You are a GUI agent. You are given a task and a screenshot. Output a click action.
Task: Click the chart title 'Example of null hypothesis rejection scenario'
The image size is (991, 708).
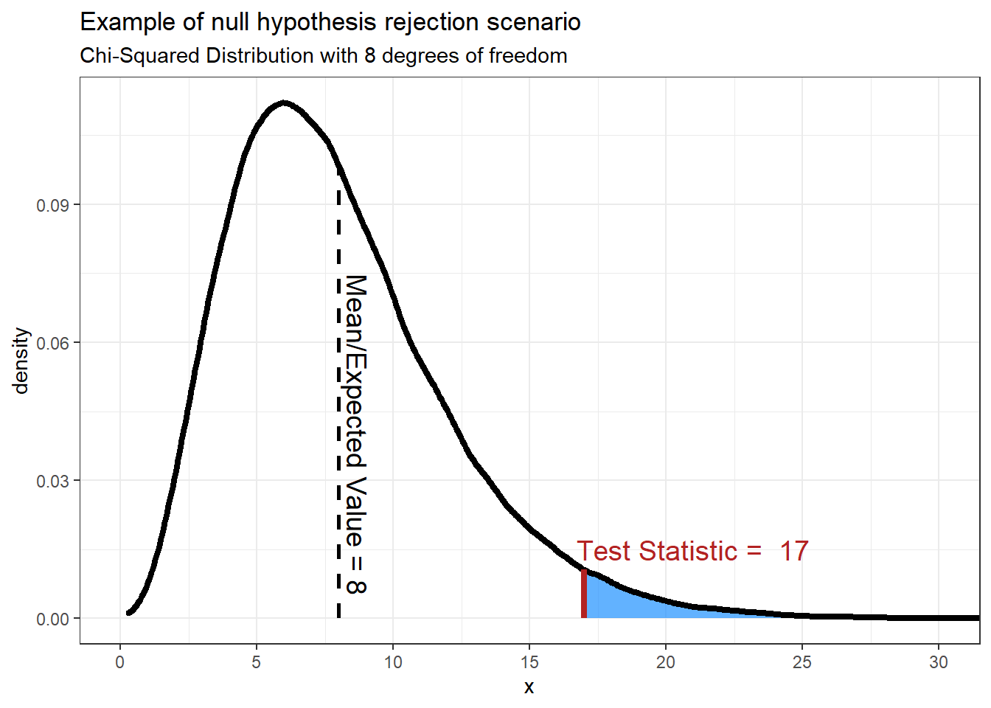click(330, 22)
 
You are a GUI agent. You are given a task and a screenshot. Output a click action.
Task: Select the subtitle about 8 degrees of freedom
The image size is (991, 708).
click(323, 56)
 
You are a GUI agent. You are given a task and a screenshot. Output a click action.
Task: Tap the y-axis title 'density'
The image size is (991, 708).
click(21, 361)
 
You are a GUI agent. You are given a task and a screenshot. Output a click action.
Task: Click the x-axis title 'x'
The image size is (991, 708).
click(529, 687)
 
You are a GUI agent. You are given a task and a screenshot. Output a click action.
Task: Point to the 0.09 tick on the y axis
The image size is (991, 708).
click(52, 205)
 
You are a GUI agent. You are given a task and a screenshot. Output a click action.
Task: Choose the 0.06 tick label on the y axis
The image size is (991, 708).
click(52, 343)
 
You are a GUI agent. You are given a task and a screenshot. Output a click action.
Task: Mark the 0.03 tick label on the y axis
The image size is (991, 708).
click(52, 481)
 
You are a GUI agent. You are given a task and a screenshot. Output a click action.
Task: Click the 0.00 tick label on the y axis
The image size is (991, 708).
click(52, 619)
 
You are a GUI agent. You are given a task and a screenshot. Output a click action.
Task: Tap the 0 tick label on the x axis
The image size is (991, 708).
click(120, 662)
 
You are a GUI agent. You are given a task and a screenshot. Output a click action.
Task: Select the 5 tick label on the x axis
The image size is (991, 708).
click(257, 662)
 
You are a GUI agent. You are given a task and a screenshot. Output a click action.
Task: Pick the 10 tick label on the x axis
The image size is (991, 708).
click(393, 662)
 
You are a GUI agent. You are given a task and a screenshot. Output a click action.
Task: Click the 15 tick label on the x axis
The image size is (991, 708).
click(529, 662)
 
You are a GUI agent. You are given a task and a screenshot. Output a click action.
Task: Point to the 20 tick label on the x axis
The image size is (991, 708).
click(666, 662)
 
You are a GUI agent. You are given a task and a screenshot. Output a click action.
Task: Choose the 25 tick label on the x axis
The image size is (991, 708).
click(802, 662)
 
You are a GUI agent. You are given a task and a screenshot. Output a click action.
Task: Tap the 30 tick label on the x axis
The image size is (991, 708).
click(938, 662)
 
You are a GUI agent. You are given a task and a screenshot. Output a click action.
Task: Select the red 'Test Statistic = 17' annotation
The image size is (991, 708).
click(692, 551)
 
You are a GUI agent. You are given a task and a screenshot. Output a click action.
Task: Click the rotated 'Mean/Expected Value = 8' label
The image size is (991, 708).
click(356, 434)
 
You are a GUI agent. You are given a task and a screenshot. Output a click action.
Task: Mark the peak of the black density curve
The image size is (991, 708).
click(284, 103)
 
